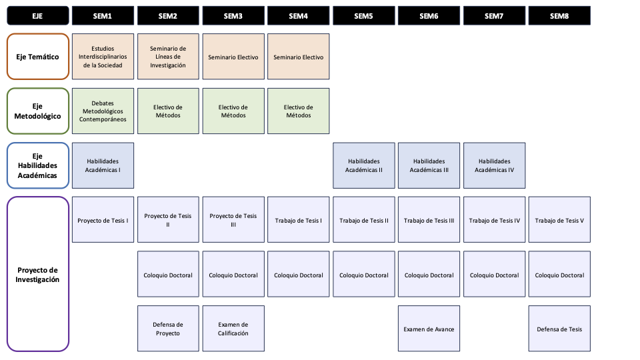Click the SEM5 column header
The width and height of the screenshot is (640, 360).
click(x=364, y=16)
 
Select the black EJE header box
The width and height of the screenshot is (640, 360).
click(x=37, y=16)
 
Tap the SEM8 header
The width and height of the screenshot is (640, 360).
click(x=559, y=16)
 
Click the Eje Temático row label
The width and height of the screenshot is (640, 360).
click(x=37, y=57)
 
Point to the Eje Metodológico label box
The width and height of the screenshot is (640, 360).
click(x=37, y=111)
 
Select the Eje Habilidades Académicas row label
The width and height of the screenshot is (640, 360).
click(x=37, y=166)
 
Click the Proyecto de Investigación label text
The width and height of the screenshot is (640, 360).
click(x=37, y=275)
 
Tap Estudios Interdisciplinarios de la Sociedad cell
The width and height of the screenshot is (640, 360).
click(x=103, y=57)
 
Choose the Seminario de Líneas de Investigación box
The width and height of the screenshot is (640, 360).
click(x=168, y=57)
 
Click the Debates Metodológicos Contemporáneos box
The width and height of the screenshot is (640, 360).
click(x=103, y=111)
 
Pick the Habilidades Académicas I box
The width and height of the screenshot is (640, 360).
click(x=103, y=166)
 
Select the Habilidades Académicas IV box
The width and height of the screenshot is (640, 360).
click(x=494, y=166)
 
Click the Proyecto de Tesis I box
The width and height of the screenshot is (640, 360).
click(x=103, y=220)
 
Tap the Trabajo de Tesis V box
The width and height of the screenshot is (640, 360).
click(x=559, y=220)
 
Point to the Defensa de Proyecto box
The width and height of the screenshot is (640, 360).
click(x=168, y=329)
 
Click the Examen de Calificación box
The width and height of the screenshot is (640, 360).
click(x=233, y=329)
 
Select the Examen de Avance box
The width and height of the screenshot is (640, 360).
click(x=429, y=329)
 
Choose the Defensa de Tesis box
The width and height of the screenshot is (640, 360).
click(x=559, y=329)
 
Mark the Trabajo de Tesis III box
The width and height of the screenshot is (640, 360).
click(x=429, y=220)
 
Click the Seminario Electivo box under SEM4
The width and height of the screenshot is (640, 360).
click(x=299, y=57)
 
